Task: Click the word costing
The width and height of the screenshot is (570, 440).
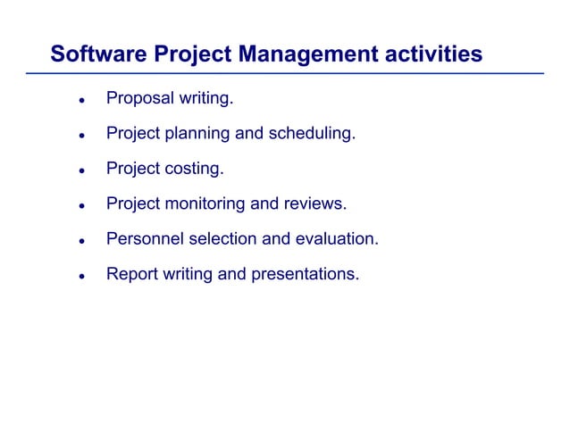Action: coord(196,169)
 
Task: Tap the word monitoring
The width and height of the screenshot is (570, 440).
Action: coord(205,203)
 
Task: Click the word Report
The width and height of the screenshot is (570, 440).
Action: coord(131,274)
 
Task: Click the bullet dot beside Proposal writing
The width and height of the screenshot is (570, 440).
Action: coord(80,101)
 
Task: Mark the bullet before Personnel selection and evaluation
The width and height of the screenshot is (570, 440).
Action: coord(80,241)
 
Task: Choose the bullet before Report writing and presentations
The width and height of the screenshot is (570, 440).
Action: coord(80,277)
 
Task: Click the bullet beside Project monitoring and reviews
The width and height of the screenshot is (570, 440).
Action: coord(80,206)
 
